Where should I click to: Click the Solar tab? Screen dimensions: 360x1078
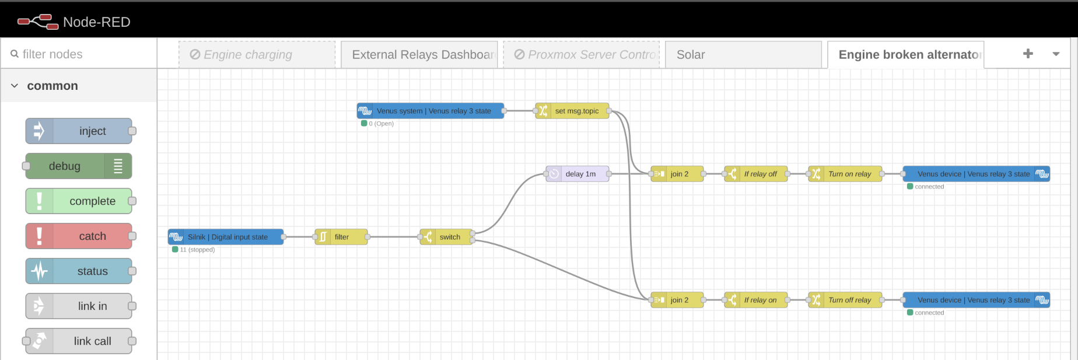pyautogui.click(x=743, y=55)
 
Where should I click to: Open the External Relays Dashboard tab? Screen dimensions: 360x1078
pyautogui.click(x=419, y=55)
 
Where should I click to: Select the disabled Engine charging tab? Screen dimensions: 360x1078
pyautogui.click(x=257, y=55)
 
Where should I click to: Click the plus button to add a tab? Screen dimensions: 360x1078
pyautogui.click(x=1028, y=54)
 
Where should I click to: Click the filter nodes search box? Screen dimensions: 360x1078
pyautogui.click(x=82, y=54)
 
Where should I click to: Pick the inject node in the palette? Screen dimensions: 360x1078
pyautogui.click(x=79, y=131)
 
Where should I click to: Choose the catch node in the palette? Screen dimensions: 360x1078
pyautogui.click(x=79, y=236)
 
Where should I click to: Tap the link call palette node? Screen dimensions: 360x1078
pyautogui.click(x=79, y=341)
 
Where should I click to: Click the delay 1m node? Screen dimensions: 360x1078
pyautogui.click(x=577, y=174)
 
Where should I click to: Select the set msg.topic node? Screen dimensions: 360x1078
pyautogui.click(x=572, y=111)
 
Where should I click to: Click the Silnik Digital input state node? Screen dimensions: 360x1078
pyautogui.click(x=226, y=237)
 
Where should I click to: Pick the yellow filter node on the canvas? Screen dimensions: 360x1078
pyautogui.click(x=341, y=237)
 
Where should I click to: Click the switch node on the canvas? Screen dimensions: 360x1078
pyautogui.click(x=446, y=237)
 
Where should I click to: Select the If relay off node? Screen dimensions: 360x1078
pyautogui.click(x=756, y=174)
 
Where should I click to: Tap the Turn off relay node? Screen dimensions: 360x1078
pyautogui.click(x=845, y=300)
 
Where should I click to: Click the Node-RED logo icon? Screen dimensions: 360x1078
pyautogui.click(x=38, y=22)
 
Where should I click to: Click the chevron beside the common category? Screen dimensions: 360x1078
pyautogui.click(x=15, y=86)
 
